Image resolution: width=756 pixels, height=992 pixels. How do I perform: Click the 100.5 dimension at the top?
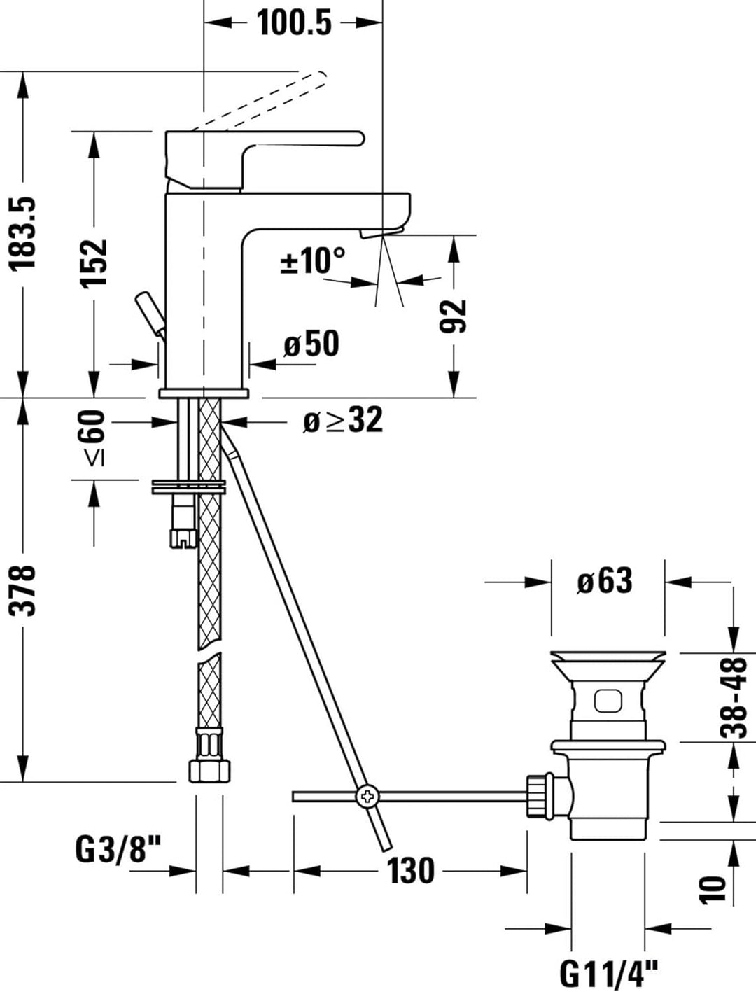(294, 22)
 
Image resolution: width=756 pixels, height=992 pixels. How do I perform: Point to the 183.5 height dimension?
(22, 232)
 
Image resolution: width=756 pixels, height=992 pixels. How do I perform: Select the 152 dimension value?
(93, 262)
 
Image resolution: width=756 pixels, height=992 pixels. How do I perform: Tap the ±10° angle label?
(312, 261)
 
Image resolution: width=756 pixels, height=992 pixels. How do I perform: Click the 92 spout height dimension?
(454, 316)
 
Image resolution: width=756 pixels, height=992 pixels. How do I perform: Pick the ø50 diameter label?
(311, 344)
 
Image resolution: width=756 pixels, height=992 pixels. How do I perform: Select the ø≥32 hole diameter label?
(343, 421)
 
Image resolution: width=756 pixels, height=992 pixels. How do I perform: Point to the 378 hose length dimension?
(22, 589)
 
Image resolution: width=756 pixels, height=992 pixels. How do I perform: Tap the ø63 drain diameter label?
(605, 581)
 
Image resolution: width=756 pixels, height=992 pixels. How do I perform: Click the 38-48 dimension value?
(734, 698)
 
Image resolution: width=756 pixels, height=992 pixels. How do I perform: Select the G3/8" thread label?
(118, 851)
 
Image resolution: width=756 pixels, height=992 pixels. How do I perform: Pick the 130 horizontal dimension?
(411, 871)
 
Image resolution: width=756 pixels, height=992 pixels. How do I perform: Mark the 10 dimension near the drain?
(714, 888)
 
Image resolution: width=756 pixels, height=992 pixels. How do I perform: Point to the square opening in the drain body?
(606, 701)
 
